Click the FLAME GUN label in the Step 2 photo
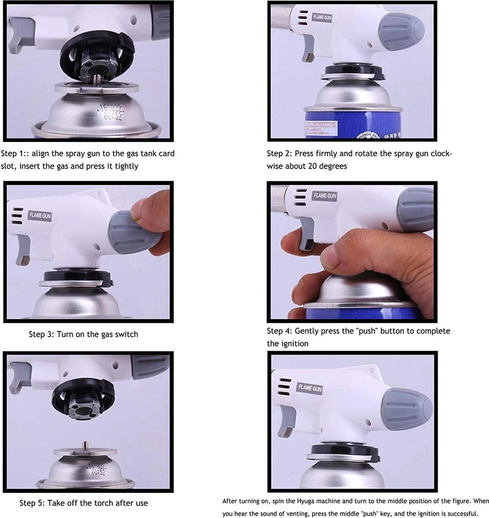322,17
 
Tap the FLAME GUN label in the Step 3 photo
40,215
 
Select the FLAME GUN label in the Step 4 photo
325,196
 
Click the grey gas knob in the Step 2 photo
402,32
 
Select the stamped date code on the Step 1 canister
110,112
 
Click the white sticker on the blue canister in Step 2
321,129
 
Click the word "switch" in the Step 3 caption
126,334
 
